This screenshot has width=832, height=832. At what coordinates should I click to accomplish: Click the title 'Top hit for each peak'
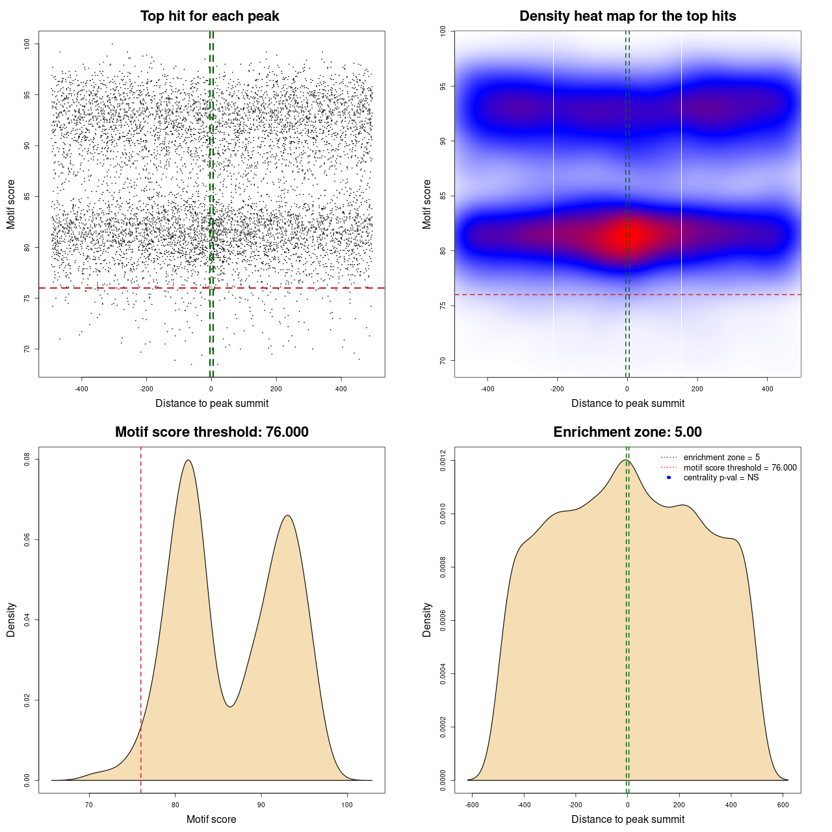point(209,16)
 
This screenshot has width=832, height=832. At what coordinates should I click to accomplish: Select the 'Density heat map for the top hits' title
point(627,16)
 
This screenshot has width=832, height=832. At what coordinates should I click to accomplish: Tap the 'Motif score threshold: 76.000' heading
point(211,432)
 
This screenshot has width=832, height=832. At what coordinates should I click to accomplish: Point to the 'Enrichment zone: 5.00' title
point(627,432)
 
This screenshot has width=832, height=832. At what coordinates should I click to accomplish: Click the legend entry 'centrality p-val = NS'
point(721,478)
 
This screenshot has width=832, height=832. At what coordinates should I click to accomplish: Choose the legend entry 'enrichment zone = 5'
point(721,458)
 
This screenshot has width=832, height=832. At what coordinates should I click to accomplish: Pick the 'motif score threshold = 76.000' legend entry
point(740,468)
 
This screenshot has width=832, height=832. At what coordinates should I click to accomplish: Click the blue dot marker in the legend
point(669,478)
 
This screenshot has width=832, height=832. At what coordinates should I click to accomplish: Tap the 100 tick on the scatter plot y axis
point(27,44)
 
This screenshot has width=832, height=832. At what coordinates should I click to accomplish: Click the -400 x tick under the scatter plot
point(81,389)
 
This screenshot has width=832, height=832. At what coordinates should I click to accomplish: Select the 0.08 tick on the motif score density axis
point(27,460)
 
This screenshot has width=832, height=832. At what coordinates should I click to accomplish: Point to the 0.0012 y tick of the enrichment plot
point(443,461)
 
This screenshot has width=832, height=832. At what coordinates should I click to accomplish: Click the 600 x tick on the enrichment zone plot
point(783,805)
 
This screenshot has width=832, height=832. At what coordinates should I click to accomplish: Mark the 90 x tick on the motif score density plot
point(261,805)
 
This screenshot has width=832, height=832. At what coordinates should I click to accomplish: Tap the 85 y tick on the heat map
point(443,196)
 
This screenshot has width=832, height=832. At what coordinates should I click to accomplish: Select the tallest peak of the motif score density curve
point(188,460)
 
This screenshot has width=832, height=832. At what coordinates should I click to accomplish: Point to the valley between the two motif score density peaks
point(230,707)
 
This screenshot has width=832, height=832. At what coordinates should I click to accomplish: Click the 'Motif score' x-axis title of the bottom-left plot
point(211,819)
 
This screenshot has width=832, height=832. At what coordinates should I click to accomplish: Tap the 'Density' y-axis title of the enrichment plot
point(427,619)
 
